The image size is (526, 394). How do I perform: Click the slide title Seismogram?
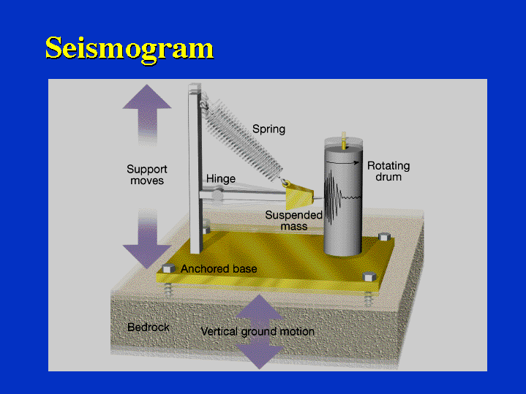[129, 48]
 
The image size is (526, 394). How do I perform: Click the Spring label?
[268, 129]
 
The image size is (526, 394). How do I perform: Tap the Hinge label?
[220, 178]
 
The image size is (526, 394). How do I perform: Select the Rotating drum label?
[388, 171]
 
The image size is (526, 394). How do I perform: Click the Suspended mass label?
[293, 221]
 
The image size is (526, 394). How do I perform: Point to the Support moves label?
[147, 175]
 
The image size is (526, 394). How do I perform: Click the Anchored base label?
[219, 269]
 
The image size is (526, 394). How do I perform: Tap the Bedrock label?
[149, 327]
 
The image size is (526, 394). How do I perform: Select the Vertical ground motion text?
[258, 332]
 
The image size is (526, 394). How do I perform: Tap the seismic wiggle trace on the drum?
[333, 197]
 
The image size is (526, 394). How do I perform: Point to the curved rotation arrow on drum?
[342, 155]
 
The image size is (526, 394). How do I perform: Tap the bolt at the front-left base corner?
[169, 268]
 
